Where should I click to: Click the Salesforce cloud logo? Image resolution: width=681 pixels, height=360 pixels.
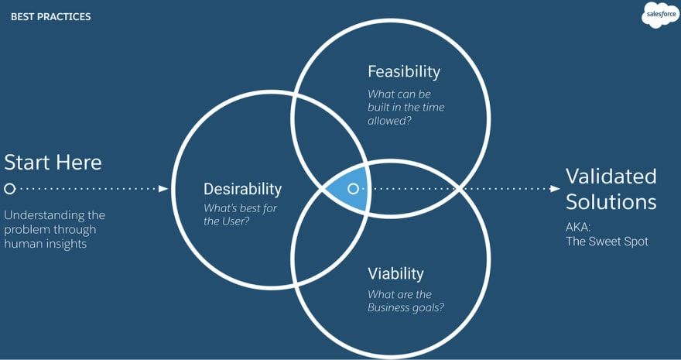(659, 15)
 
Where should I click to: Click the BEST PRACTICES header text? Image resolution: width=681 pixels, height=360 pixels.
(50, 16)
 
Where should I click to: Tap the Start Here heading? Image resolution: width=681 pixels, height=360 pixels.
(53, 163)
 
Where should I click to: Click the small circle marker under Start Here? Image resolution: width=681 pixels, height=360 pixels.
(9, 188)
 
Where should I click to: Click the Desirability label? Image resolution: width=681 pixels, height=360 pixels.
(242, 189)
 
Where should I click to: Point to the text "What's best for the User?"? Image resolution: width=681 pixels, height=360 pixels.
(240, 214)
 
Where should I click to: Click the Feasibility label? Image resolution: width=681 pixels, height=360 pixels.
(403, 72)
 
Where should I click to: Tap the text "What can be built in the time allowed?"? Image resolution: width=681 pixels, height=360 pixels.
(406, 108)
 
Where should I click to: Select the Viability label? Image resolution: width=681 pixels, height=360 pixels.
(395, 273)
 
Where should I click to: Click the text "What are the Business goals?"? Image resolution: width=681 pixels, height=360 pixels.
(406, 300)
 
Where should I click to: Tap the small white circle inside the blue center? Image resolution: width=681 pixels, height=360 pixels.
(353, 188)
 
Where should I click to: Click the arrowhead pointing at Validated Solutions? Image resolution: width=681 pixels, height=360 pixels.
(554, 188)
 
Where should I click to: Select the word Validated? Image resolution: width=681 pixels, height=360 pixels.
(611, 176)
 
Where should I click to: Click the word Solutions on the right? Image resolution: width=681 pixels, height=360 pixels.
(611, 202)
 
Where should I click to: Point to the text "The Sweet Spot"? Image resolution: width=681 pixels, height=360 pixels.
(607, 242)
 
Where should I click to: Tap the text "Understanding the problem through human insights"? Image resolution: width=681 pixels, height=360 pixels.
(54, 228)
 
